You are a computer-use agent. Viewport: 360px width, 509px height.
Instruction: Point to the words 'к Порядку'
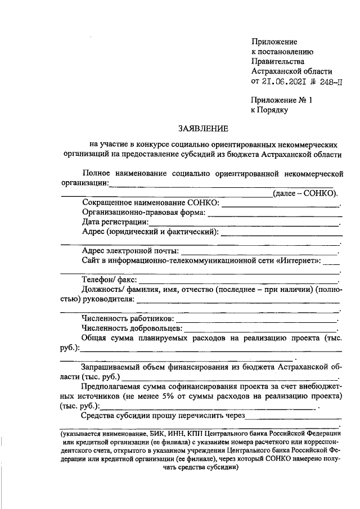pyautogui.click(x=269, y=110)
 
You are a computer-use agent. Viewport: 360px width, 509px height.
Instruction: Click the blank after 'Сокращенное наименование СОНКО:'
pyautogui.click(x=281, y=204)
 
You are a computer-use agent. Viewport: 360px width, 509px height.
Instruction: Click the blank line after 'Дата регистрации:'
pyautogui.click(x=245, y=224)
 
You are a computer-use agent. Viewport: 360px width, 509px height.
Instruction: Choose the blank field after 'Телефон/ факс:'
pyautogui.click(x=238, y=280)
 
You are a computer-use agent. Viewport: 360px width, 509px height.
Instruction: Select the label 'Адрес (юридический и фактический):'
pyautogui.click(x=150, y=232)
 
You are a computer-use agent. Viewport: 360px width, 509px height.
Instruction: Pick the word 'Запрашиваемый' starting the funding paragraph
pyautogui.click(x=111, y=367)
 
